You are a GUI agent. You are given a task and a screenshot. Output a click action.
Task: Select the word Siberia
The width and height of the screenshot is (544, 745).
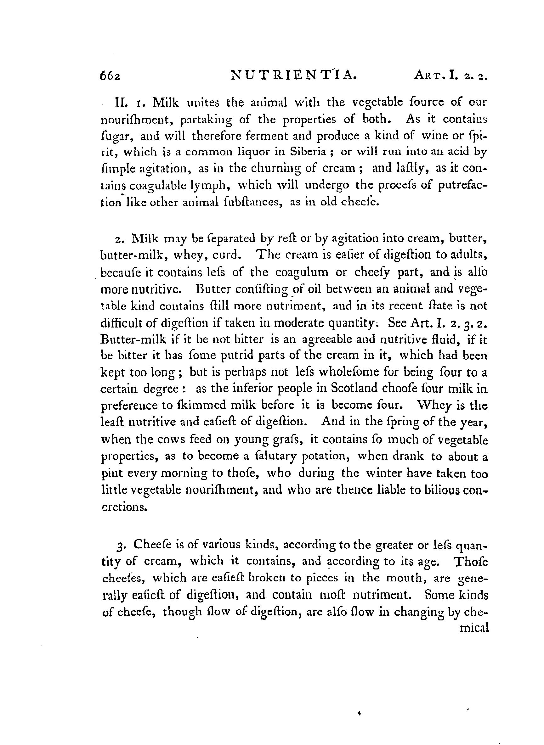(x=308, y=152)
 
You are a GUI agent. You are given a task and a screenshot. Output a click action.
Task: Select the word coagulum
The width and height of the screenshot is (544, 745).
(x=302, y=272)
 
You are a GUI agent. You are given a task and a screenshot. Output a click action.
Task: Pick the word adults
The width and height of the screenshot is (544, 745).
(x=468, y=255)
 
